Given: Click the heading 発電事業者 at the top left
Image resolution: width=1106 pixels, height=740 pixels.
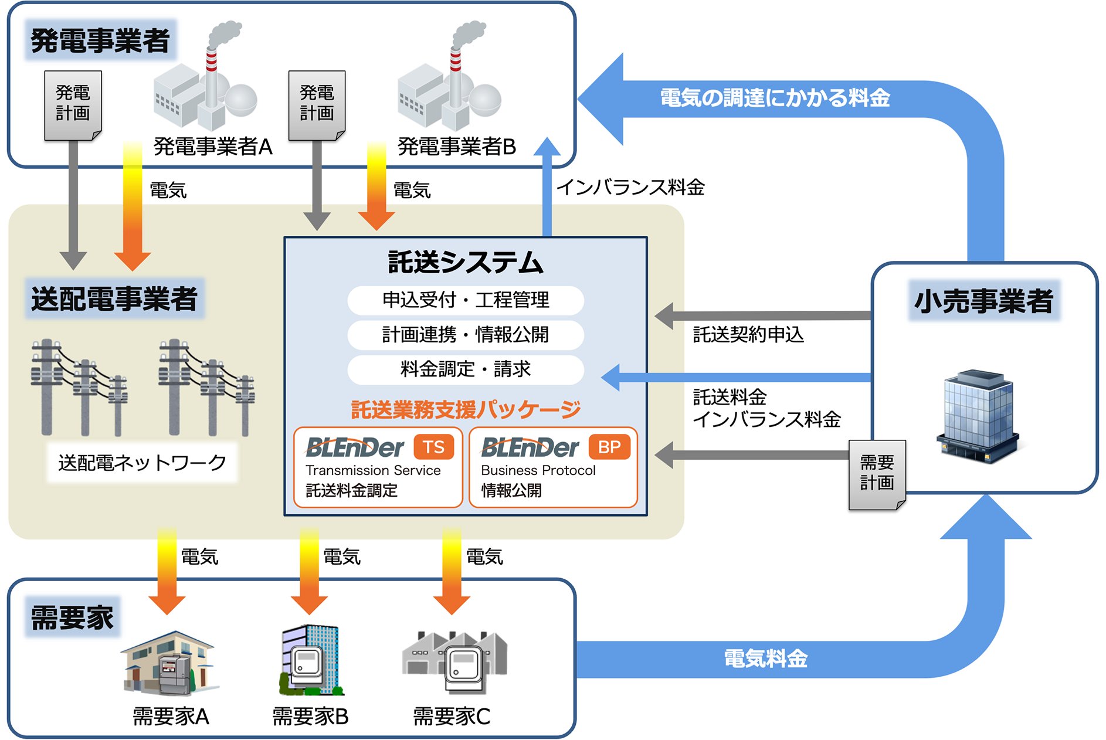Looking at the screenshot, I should pyautogui.click(x=100, y=40).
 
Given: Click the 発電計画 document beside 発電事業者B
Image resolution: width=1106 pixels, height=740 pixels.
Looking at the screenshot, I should pyautogui.click(x=317, y=104).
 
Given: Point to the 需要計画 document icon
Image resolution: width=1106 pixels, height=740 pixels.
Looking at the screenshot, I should pyautogui.click(x=877, y=474).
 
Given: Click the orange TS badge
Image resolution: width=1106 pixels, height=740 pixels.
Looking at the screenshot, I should pyautogui.click(x=434, y=447).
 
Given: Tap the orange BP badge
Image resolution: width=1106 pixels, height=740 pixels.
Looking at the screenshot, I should pyautogui.click(x=609, y=447).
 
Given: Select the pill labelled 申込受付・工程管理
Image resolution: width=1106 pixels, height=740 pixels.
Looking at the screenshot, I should pyautogui.click(x=466, y=300).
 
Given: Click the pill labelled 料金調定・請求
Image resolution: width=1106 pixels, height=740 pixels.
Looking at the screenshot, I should pyautogui.click(x=466, y=369).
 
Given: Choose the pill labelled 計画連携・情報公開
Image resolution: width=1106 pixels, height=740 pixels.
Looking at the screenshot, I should pyautogui.click(x=466, y=335).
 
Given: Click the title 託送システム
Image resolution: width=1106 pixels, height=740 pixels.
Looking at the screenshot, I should pyautogui.click(x=466, y=262).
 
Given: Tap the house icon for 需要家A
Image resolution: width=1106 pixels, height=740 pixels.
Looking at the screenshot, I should pyautogui.click(x=169, y=663).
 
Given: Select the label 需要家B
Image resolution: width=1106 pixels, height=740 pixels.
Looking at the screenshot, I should pyautogui.click(x=310, y=716).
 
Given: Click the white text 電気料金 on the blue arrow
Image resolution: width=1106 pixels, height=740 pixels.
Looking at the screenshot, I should pyautogui.click(x=765, y=658).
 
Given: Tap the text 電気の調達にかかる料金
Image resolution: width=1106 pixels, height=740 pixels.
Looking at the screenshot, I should pyautogui.click(x=775, y=98).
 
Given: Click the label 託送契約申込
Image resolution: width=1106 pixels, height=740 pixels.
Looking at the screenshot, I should pyautogui.click(x=748, y=335).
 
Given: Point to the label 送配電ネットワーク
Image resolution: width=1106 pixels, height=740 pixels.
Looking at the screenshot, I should pyautogui.click(x=142, y=463).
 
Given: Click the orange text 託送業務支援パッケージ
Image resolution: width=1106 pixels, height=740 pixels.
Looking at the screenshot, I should pyautogui.click(x=466, y=409).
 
